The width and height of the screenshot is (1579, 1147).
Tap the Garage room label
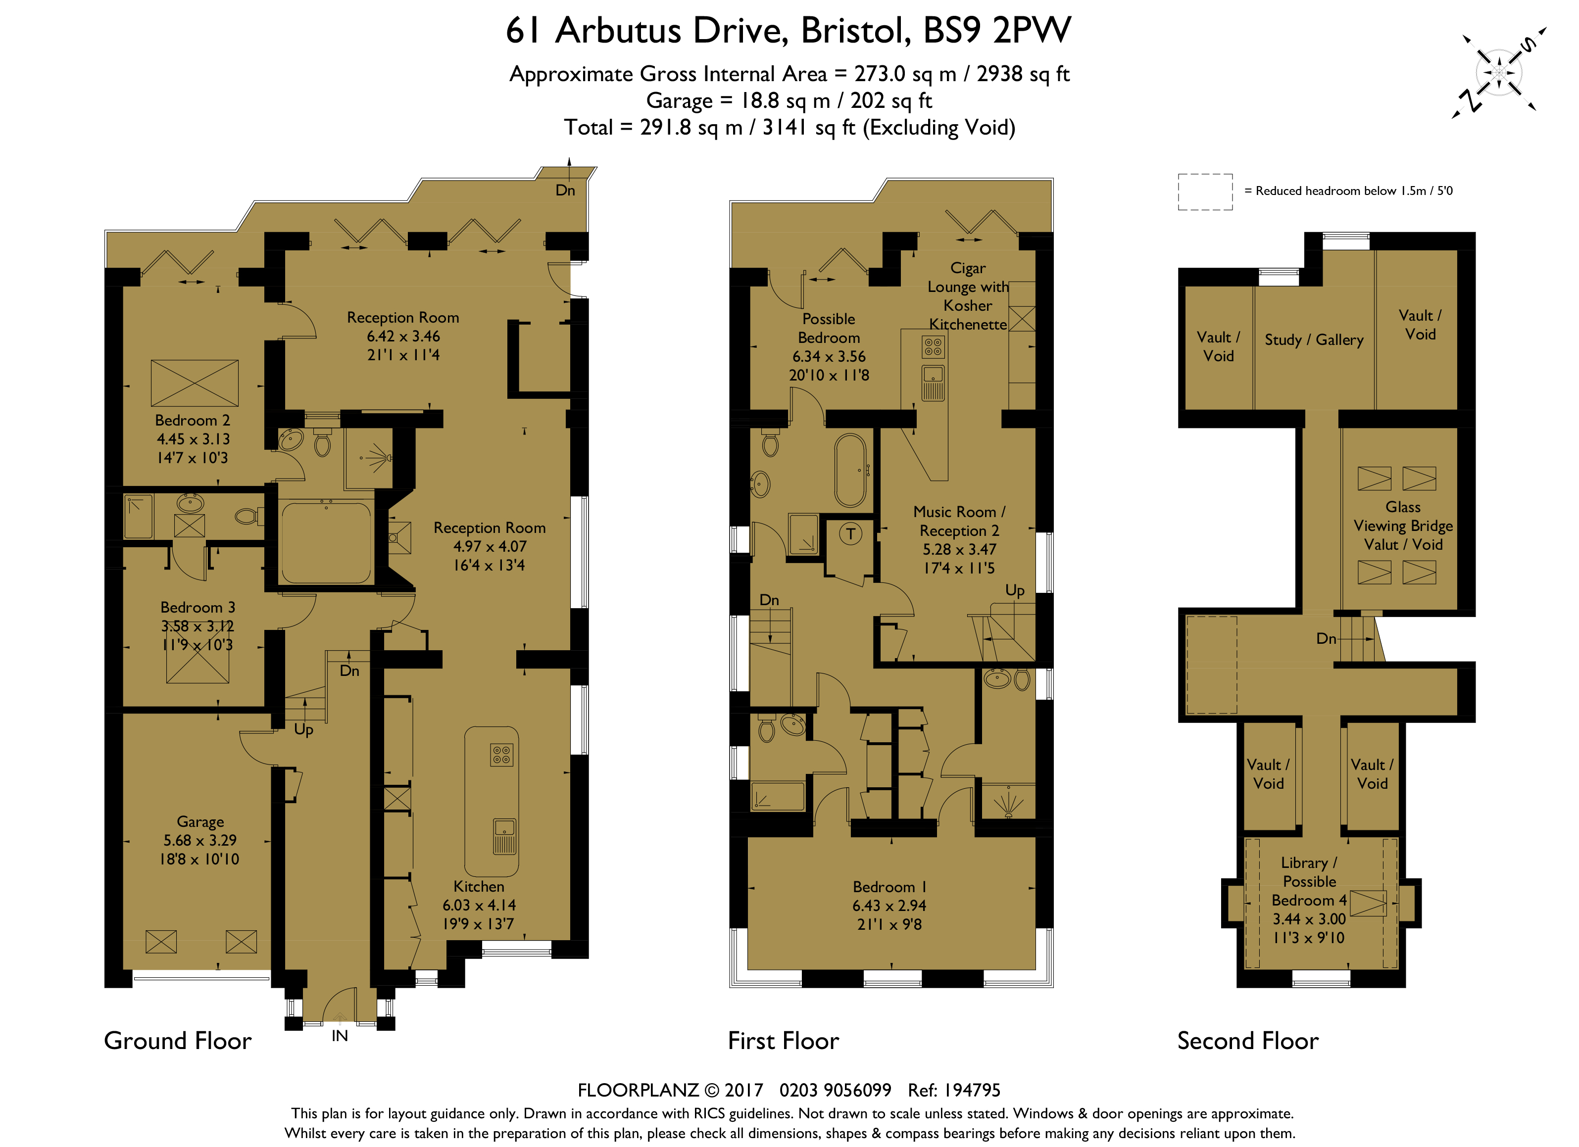point(200,821)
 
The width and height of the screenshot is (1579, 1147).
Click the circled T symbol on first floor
point(850,534)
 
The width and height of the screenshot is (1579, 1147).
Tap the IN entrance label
point(340,1036)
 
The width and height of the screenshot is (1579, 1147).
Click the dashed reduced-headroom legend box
point(1205,191)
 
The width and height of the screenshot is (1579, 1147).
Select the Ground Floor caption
point(178,1041)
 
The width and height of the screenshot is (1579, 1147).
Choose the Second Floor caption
point(1247,1041)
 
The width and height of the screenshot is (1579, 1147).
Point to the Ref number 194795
point(954,1090)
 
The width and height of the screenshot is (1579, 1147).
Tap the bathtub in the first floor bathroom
point(850,471)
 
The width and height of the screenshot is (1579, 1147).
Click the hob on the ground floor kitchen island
point(502,755)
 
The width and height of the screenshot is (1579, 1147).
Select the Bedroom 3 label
point(197,607)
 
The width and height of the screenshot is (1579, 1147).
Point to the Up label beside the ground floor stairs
point(303,730)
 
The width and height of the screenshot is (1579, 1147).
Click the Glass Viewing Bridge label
point(1403,517)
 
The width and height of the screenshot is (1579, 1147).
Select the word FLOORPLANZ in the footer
point(638,1090)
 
